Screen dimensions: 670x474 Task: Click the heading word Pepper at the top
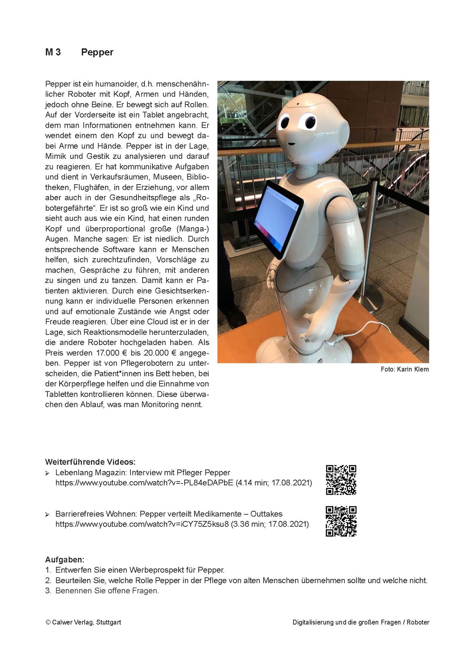click(97, 52)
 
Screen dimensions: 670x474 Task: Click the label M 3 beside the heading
click(53, 52)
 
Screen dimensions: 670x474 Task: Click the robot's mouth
click(291, 144)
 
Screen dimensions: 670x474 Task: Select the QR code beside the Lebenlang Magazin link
click(341, 480)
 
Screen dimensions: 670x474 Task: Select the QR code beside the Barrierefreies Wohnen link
click(341, 521)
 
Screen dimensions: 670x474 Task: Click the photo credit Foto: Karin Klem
click(405, 369)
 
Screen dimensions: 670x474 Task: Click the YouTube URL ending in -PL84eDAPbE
click(144, 483)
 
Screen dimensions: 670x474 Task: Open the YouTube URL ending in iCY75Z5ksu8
click(142, 524)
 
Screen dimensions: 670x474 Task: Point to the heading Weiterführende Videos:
click(90, 462)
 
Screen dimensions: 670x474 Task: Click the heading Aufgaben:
click(65, 560)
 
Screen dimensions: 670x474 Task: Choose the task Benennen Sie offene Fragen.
click(107, 591)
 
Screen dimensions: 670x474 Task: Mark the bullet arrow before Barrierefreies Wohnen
click(47, 515)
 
